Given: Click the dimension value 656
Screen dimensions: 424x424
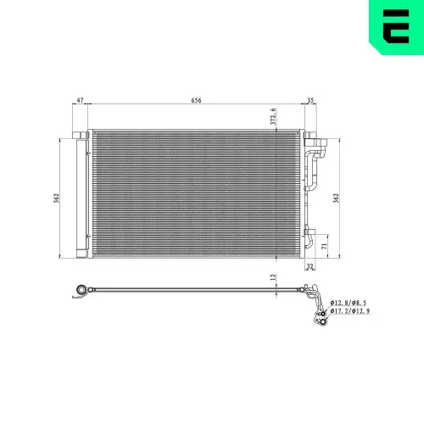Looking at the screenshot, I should pos(196,100).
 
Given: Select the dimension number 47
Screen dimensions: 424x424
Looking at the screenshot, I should pos(80,100).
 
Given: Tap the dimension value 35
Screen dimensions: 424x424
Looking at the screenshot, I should pos(310,100).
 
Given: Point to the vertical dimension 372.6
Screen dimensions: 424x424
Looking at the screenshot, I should pos(274,116).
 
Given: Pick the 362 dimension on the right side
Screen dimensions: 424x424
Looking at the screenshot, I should pos(336,198).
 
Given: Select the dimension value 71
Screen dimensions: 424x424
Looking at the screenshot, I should pos(323,245).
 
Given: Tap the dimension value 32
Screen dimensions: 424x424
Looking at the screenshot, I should pos(310,266).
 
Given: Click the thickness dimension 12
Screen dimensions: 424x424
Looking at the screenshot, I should pos(273,276).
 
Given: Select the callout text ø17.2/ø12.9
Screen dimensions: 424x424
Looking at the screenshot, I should pos(349,312).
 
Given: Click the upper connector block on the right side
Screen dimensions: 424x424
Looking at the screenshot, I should pos(310,137).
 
